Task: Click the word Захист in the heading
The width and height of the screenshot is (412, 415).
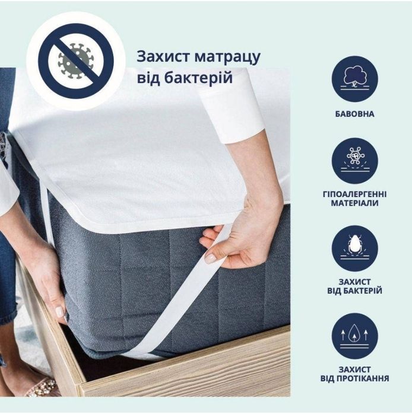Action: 164,56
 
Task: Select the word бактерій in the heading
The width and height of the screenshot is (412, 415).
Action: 200,78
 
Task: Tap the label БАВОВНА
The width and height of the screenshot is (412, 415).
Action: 354,113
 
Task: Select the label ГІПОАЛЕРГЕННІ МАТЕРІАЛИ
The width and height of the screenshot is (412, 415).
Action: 354,198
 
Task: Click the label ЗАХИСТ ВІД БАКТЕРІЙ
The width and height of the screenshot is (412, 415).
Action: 354,286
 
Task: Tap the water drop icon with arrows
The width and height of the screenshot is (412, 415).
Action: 354,334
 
